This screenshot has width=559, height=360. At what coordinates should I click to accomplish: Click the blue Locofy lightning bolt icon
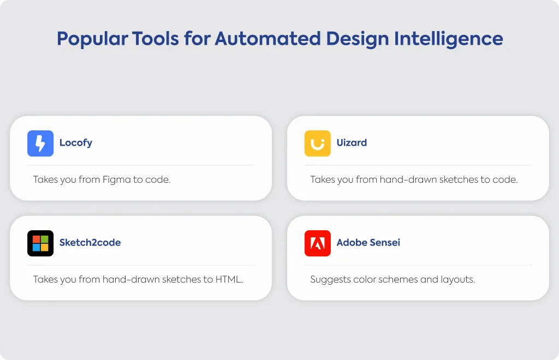pos(40,143)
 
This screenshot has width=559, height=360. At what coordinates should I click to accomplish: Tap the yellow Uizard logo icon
pos(318,143)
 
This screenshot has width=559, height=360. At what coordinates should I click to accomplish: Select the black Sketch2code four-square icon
pos(40,243)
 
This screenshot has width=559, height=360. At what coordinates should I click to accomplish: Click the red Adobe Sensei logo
pos(318,243)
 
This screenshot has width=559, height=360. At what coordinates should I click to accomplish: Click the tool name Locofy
pos(75,143)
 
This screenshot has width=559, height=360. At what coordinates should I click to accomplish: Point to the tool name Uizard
pos(352,143)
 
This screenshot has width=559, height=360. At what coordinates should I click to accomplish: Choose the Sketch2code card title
pos(90,243)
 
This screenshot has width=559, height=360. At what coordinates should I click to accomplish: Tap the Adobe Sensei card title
pos(368,243)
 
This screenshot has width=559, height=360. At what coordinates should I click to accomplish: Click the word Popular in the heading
pos(92,39)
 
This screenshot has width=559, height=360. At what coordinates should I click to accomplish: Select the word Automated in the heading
pos(267,39)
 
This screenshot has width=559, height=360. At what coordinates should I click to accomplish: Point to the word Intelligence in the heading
pos(449,39)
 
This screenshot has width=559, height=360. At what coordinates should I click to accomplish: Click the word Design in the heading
pos(357,39)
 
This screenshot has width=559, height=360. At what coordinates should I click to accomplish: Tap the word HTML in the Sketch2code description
pos(229,279)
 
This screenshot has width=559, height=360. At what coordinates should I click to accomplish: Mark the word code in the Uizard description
pos(505,179)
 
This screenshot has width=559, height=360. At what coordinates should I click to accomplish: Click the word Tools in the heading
pos(156,39)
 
